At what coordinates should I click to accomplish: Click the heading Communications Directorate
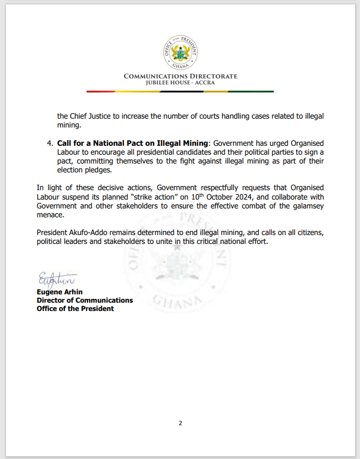click(x=180, y=76)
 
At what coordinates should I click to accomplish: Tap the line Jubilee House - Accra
click(x=180, y=83)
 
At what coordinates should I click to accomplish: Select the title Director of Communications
click(x=85, y=300)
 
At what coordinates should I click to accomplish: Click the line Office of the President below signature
click(x=75, y=308)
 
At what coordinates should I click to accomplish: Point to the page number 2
click(x=180, y=424)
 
